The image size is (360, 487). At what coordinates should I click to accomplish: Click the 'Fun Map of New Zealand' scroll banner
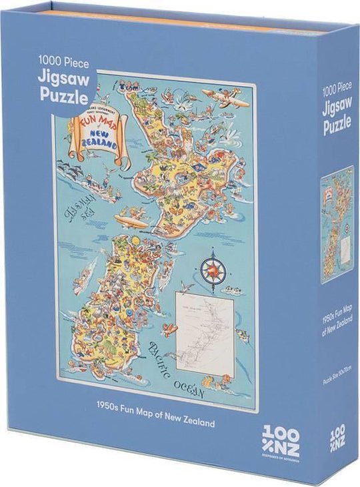pyautogui.click(x=91, y=137)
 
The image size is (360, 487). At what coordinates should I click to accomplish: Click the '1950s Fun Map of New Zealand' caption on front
pyautogui.click(x=158, y=422)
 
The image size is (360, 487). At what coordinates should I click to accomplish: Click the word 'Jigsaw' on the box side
pyautogui.click(x=337, y=107)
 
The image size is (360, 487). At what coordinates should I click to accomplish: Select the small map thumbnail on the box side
pyautogui.click(x=337, y=224)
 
